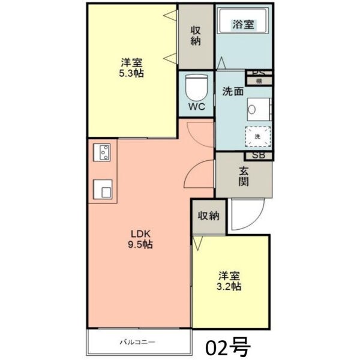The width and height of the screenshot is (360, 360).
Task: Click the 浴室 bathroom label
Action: [244, 25]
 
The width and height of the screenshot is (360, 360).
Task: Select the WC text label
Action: [197, 107]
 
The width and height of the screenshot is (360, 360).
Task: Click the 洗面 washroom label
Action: [233, 92]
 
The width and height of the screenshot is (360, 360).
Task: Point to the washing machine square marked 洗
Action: [257, 137]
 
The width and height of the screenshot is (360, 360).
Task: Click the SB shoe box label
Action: [259, 155]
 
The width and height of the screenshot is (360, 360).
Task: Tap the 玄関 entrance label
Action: [244, 175]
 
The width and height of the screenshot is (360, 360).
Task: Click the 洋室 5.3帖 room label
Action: [131, 67]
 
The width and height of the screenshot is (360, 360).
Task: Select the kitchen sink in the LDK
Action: [103, 190]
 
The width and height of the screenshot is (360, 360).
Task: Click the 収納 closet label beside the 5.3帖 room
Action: [196, 35]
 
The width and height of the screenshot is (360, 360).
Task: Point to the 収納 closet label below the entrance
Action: [209, 216]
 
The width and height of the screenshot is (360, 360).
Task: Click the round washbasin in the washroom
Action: [252, 110]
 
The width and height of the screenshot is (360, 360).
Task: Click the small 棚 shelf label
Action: [259, 81]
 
